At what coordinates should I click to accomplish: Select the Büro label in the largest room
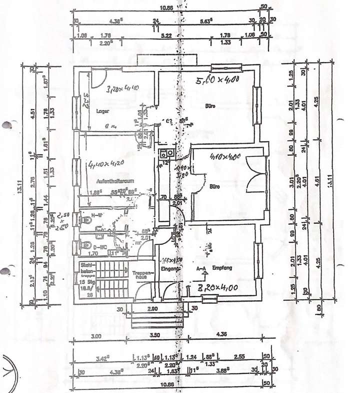(x=209, y=106)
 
